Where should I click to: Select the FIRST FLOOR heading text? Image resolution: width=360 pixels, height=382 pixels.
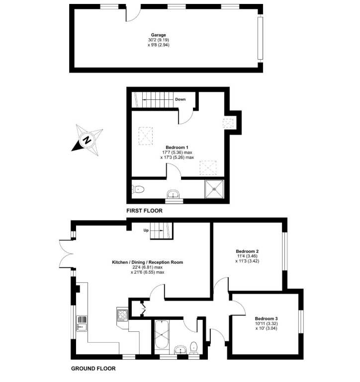144,211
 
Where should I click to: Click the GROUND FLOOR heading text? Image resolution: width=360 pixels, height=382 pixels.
93,369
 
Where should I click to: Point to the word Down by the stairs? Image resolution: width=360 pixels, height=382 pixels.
180,99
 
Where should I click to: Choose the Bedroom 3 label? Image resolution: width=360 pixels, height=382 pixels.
266,319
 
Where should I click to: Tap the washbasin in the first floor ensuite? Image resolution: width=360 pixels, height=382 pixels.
174,194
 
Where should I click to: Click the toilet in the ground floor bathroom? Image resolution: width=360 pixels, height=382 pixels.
194,346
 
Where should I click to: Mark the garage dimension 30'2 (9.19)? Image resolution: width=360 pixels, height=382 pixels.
159,40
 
